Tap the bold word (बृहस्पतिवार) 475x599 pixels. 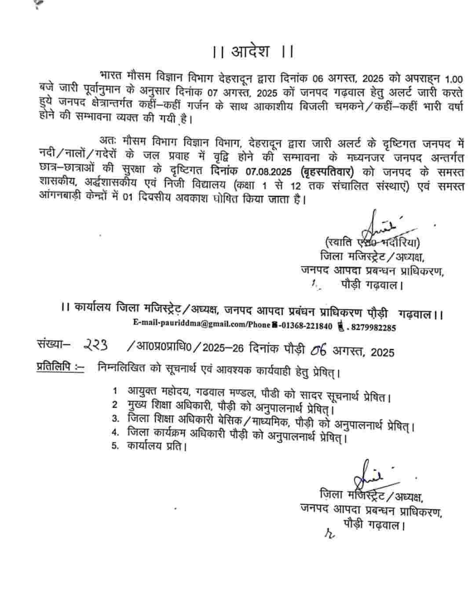point(328,172)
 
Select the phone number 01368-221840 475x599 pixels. point(307,326)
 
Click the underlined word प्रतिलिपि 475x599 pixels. point(54,366)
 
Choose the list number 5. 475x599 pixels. point(116,446)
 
